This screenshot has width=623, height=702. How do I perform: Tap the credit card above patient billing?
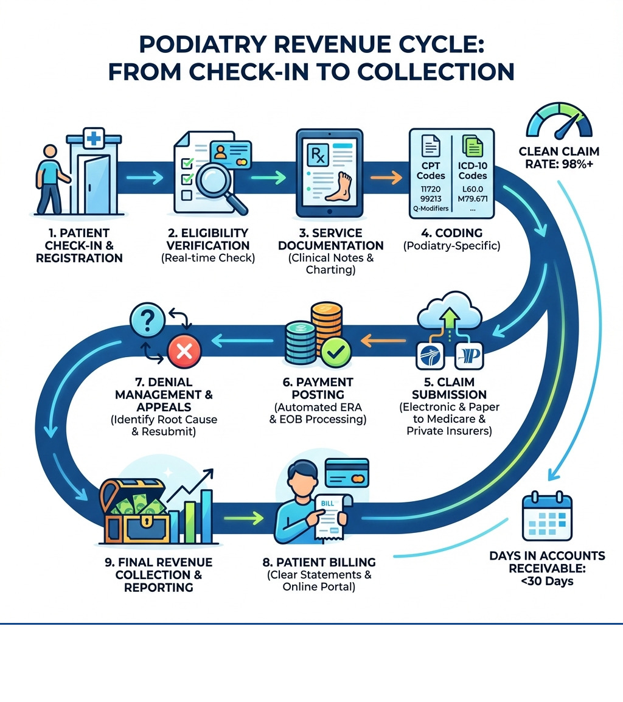point(347,472)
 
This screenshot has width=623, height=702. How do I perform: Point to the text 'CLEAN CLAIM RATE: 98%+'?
point(559,157)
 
